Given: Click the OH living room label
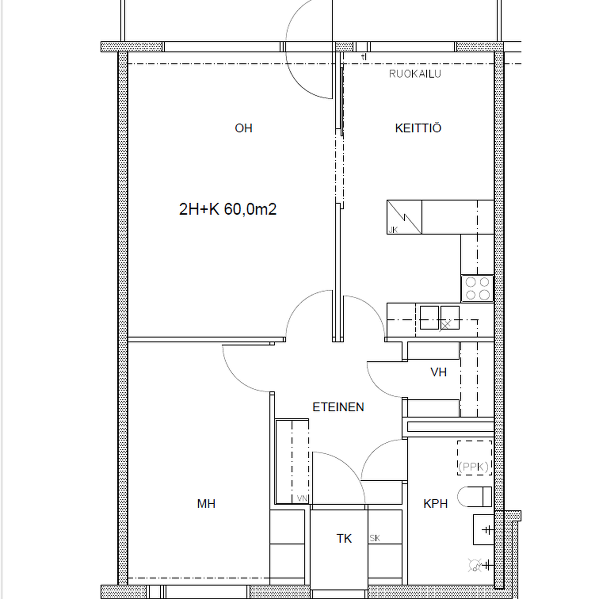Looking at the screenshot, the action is (244, 128).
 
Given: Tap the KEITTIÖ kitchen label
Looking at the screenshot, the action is (418, 128).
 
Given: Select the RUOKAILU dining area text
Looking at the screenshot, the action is (415, 74).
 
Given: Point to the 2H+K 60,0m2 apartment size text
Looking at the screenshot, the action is (228, 209).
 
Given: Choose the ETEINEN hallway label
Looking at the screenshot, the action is (338, 407).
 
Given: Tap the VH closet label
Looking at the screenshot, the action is (438, 372).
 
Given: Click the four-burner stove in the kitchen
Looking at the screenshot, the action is (477, 289).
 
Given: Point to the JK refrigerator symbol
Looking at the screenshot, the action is (404, 217).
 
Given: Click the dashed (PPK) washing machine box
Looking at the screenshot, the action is (474, 458).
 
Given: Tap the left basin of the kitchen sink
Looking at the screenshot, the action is (429, 317).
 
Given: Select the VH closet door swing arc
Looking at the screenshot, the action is (378, 386).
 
